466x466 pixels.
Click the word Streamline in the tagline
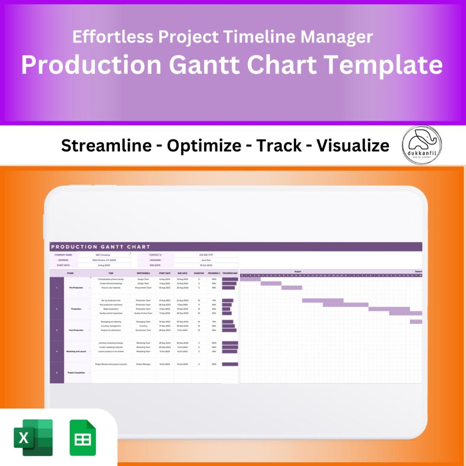tap(106, 146)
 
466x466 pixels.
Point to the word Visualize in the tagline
tap(353, 146)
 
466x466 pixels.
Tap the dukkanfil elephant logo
tap(421, 145)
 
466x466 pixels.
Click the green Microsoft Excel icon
tap(34, 437)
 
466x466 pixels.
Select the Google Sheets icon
tap(83, 438)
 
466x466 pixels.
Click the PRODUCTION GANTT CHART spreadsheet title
tap(101, 247)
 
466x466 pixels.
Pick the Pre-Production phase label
tap(76, 288)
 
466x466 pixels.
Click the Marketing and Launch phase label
tap(76, 352)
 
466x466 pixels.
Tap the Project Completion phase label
tap(76, 373)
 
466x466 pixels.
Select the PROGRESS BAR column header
tap(230, 273)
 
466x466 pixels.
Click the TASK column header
tap(111, 273)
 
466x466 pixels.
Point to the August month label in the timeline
tap(298, 271)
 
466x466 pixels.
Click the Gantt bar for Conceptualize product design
tap(250, 279)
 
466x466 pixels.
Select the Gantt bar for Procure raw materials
tap(292, 288)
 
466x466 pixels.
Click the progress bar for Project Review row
tap(230, 364)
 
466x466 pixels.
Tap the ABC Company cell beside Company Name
tap(103, 255)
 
